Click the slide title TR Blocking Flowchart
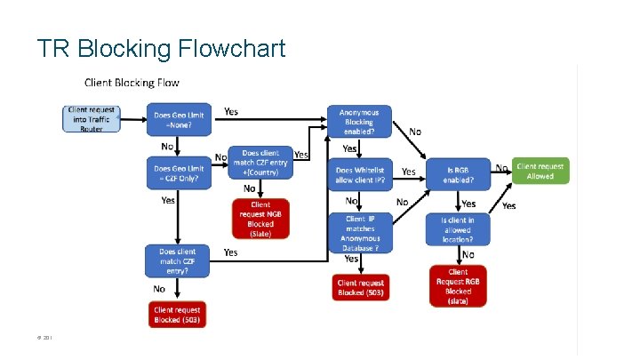(161, 47)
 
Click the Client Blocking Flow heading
(132, 83)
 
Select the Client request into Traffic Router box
(92, 119)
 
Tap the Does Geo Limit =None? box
(178, 120)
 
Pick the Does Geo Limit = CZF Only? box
(178, 173)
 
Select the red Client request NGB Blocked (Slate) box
(260, 219)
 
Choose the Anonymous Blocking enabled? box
(358, 122)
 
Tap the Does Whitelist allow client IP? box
(358, 174)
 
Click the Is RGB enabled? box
(458, 174)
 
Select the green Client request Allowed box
(540, 171)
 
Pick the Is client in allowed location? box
(458, 229)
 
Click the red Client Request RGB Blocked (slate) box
(458, 286)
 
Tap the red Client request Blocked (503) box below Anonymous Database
(362, 287)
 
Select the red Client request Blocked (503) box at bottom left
(178, 315)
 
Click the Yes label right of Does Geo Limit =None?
(231, 112)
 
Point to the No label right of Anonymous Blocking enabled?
(415, 132)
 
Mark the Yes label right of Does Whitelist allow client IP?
(409, 172)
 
